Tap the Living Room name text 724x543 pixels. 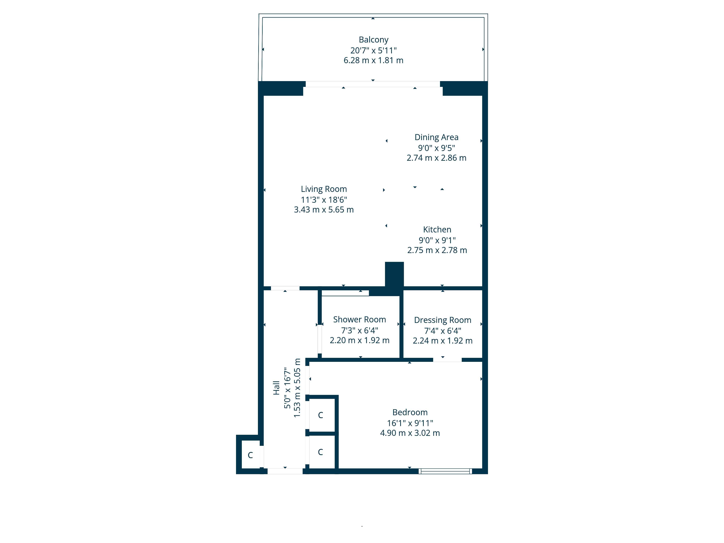click(324, 189)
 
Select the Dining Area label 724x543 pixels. click(436, 137)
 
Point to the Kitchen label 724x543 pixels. click(437, 230)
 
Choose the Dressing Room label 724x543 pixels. click(443, 320)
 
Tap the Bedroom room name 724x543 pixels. click(410, 412)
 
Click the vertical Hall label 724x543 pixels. click(276, 388)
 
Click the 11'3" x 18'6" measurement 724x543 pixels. click(324, 200)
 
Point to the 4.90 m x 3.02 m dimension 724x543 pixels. click(410, 433)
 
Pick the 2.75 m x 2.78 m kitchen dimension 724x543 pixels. click(437, 250)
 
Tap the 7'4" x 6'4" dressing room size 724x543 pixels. click(443, 331)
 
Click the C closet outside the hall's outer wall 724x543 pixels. click(250, 455)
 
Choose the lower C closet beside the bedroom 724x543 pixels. click(320, 452)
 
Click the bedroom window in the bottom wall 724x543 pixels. click(445, 471)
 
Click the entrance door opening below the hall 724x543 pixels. click(285, 471)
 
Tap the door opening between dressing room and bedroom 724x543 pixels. click(447, 360)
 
